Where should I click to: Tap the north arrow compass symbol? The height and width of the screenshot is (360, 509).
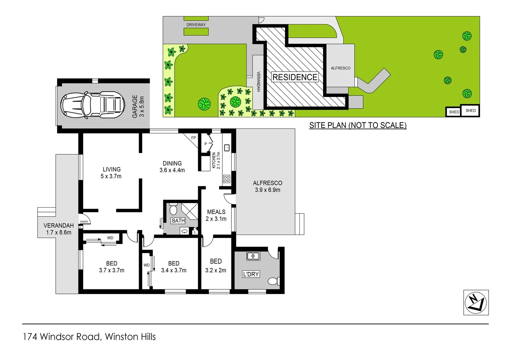(476, 302)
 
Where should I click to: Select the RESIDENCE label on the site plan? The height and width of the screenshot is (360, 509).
(295, 77)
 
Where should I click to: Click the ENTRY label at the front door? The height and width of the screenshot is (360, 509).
(84, 222)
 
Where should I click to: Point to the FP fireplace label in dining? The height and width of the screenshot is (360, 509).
(194, 138)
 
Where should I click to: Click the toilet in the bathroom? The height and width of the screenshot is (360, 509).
(173, 209)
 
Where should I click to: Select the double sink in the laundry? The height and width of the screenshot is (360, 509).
(253, 256)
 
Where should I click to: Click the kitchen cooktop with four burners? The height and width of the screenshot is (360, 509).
(227, 179)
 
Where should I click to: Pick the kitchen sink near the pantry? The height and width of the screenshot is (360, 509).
(227, 148)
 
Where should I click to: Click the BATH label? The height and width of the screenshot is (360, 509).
(178, 221)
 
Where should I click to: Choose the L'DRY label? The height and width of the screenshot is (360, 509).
(251, 274)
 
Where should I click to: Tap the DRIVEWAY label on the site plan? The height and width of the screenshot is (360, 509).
(196, 25)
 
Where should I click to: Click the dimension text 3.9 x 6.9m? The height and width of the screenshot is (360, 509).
(267, 190)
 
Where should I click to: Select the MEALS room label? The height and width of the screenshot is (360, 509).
(216, 212)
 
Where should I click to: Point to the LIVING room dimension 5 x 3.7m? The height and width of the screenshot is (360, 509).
(111, 176)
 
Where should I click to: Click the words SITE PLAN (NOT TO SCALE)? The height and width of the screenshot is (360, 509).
(358, 125)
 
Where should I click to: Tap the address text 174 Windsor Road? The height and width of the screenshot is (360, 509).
(62, 337)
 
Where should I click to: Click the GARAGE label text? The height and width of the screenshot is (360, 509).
(135, 106)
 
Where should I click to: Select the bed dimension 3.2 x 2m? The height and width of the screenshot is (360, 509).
(216, 270)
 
